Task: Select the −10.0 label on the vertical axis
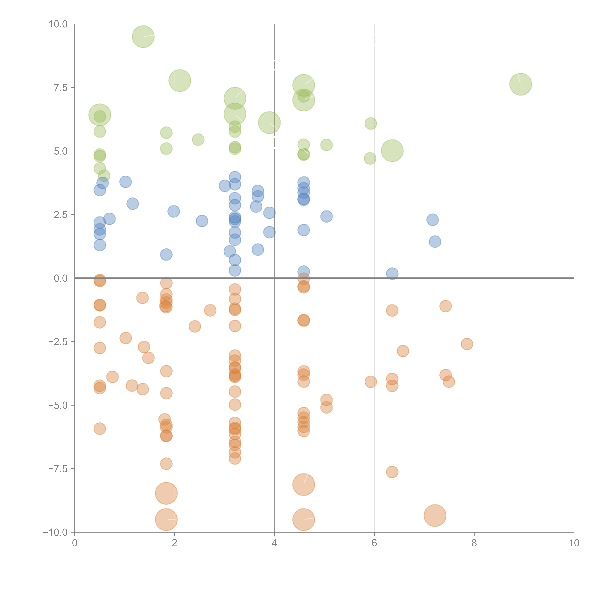point(55,532)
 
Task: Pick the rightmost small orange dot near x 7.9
point(467,344)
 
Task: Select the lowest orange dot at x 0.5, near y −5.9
point(100,429)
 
